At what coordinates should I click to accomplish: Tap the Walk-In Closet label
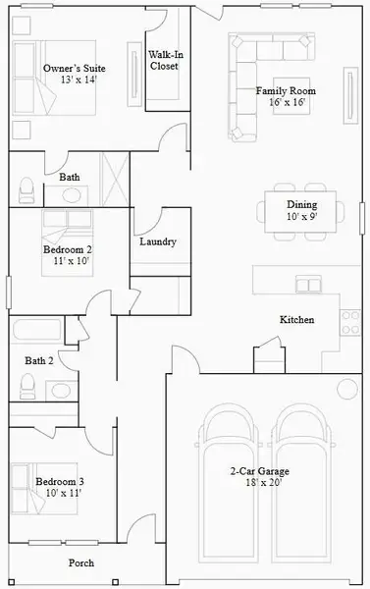(164, 60)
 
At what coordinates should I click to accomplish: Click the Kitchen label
(296, 320)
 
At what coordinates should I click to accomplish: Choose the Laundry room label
(158, 241)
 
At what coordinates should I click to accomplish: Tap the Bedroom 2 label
(67, 255)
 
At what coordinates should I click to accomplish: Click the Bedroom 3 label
(59, 487)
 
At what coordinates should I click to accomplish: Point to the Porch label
(81, 563)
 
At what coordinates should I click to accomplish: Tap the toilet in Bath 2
(28, 388)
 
